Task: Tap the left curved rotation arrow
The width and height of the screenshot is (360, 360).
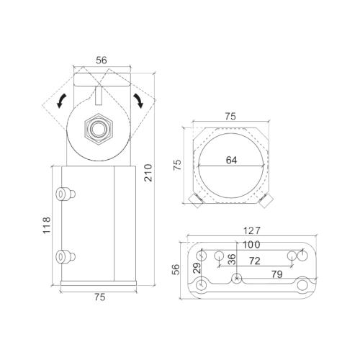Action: pyautogui.click(x=63, y=99)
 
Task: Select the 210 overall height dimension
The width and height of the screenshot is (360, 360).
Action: pyautogui.click(x=148, y=173)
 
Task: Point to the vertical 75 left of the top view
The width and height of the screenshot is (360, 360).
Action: pyautogui.click(x=176, y=165)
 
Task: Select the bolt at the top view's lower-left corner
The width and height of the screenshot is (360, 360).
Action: pyautogui.click(x=194, y=200)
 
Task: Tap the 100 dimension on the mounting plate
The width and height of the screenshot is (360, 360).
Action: pyautogui.click(x=251, y=246)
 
